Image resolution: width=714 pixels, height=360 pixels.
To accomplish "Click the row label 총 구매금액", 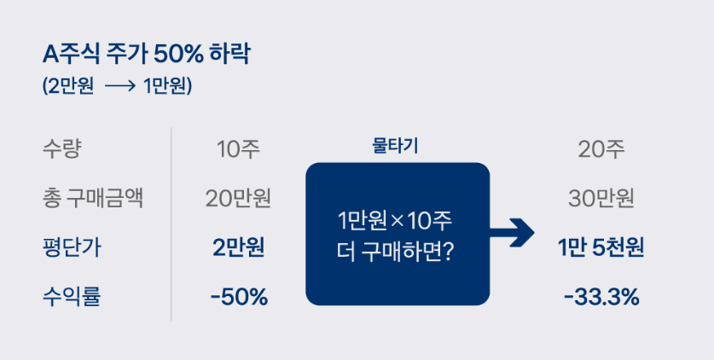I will click(91, 199).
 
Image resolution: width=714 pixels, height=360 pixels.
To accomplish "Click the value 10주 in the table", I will click(238, 150).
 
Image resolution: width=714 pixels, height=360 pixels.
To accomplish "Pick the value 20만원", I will click(238, 200).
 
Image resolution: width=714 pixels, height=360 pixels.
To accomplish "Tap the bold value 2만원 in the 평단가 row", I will click(238, 248).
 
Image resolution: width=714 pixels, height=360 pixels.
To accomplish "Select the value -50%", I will click(238, 298).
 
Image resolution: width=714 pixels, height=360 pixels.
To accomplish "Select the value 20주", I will click(601, 150).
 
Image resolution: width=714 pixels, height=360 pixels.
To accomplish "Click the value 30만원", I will click(601, 200).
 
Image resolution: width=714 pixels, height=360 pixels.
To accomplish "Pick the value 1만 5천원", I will click(601, 248).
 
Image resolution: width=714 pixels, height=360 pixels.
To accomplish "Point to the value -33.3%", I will click(601, 298).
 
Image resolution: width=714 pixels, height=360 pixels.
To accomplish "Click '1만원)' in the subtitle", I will click(168, 88).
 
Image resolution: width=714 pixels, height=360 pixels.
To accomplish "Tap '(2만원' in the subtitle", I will click(68, 88).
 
